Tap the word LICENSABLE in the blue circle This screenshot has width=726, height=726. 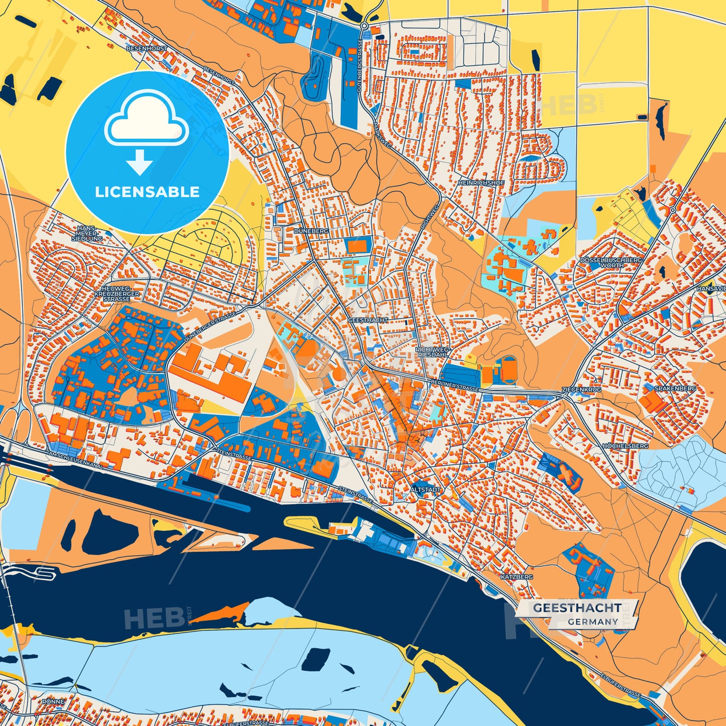[x=147, y=192]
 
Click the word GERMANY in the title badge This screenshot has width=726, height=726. [x=593, y=621]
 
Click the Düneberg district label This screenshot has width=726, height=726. [x=311, y=231]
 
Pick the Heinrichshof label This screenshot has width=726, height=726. [x=481, y=183]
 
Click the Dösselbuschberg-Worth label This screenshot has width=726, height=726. [x=611, y=262]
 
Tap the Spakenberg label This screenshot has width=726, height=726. [x=675, y=388]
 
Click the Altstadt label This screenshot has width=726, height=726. [x=426, y=489]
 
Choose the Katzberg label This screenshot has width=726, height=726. [x=516, y=577]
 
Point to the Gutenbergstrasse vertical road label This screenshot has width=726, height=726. [x=360, y=65]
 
